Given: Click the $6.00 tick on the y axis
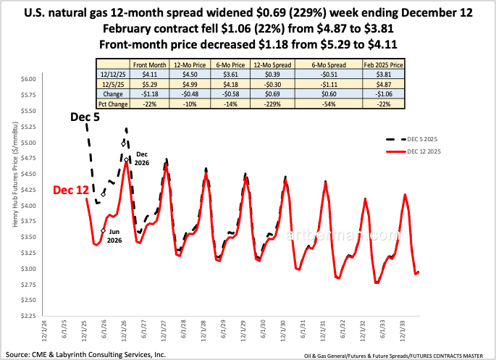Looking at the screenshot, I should click(x=29, y=78).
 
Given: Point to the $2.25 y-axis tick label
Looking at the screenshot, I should click(x=29, y=316).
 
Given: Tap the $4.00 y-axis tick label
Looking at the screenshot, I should click(x=29, y=205).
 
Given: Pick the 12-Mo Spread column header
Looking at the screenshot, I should click(x=268, y=64).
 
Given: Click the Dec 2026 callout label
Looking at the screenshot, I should click(x=142, y=159).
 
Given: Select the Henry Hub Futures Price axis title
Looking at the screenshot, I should click(x=14, y=197).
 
